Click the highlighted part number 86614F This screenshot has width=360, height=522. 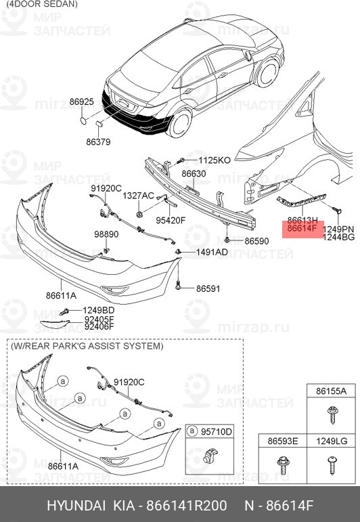coord(302,229)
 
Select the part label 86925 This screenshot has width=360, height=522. coord(81,102)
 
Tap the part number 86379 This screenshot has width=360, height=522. coord(98,142)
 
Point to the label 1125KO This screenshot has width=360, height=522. coord(215,160)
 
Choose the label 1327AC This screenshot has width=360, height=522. coord(138,195)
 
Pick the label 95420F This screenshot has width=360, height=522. coord(170,220)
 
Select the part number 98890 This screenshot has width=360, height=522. coord(106,234)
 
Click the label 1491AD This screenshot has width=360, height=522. coord(212,252)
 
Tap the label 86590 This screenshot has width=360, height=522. coord(256,241)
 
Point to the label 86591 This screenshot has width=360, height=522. coord(208,288)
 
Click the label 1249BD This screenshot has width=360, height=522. coord(99,311)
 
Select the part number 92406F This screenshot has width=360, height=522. coord(99,326)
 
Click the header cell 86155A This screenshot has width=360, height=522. coord(331,391)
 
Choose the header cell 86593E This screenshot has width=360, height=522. coord(283,441)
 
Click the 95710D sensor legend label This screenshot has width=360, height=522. coord(218,431)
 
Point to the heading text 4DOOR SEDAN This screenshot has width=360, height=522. coord(40,4)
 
